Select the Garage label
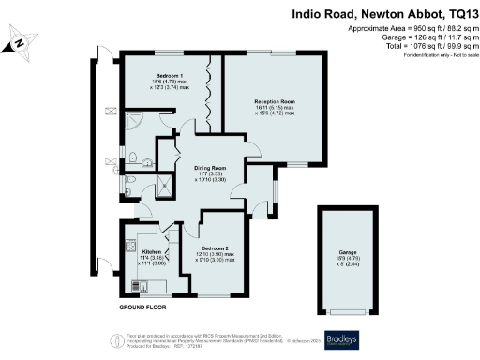pos(348,259)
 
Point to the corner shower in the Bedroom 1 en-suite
pos(133,123)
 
